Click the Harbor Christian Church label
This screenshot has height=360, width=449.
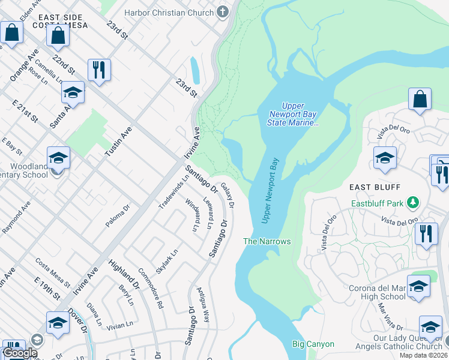169,13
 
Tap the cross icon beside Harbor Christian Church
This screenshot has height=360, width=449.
223,12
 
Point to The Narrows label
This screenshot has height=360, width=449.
267,241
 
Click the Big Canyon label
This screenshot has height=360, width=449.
313,344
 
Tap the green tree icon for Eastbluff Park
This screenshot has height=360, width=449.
412,203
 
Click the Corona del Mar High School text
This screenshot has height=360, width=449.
377,292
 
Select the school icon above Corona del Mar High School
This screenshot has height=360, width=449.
418,287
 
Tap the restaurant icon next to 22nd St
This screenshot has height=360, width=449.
99,69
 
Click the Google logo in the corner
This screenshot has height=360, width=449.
20,353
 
